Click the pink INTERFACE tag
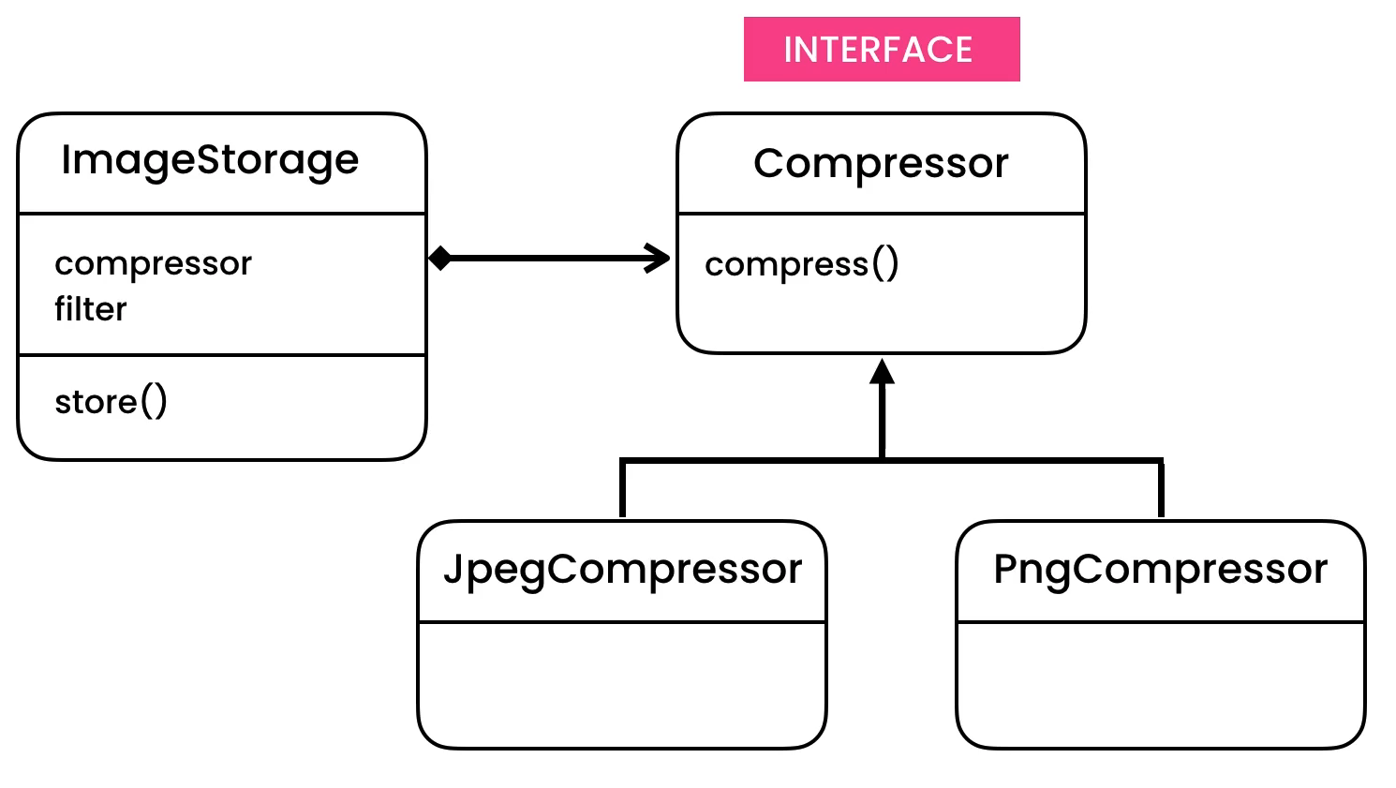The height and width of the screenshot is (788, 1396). point(881,50)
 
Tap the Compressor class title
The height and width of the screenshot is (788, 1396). point(881,164)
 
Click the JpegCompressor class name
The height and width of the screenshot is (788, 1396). point(622,570)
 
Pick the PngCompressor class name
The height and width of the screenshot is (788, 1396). point(1160,570)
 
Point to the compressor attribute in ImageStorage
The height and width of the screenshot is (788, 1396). point(153,264)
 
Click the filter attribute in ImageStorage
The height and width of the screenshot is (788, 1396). point(91,309)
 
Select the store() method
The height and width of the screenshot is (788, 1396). point(111,402)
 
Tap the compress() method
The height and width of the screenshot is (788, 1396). point(801,264)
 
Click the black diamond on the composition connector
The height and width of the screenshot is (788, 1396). point(439,258)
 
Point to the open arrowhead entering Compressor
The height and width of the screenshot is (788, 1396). point(659,258)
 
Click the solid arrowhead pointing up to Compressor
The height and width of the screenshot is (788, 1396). point(882,372)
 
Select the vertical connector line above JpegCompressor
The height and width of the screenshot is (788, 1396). point(622,489)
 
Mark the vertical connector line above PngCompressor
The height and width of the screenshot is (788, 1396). point(1161,489)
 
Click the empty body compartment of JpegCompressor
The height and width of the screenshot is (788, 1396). point(622,684)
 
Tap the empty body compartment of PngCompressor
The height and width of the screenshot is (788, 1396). point(1160,684)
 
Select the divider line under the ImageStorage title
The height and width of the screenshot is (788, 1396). point(222,214)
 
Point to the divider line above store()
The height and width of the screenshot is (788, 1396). point(222,355)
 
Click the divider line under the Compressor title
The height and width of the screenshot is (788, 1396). point(881,214)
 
